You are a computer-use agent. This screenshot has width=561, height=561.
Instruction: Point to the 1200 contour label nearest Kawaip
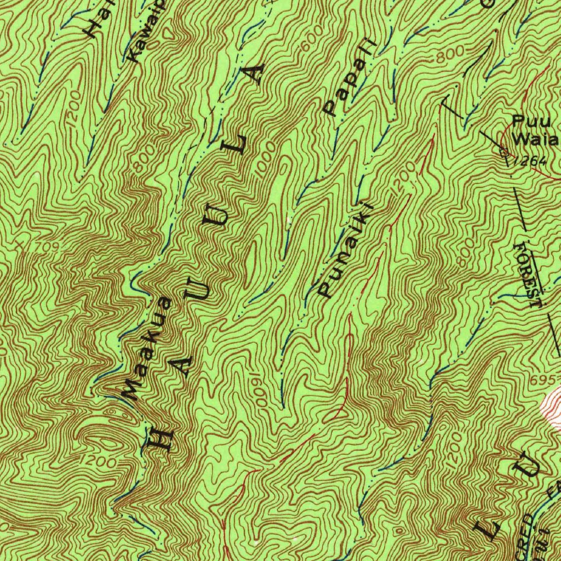(x=75, y=109)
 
